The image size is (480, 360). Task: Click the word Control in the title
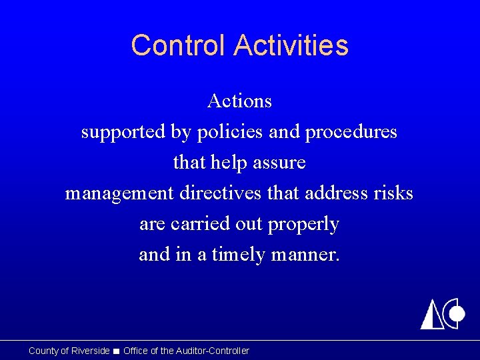(x=179, y=45)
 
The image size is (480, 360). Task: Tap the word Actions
(x=239, y=101)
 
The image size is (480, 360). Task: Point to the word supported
(x=123, y=133)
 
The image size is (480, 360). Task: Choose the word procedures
(x=351, y=133)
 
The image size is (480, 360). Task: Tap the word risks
(x=393, y=193)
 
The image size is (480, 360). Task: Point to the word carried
(x=195, y=224)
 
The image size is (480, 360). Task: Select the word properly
(x=303, y=225)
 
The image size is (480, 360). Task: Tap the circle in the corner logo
(x=457, y=313)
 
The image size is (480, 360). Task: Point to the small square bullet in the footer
(x=117, y=351)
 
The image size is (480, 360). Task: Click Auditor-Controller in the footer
(x=212, y=351)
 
